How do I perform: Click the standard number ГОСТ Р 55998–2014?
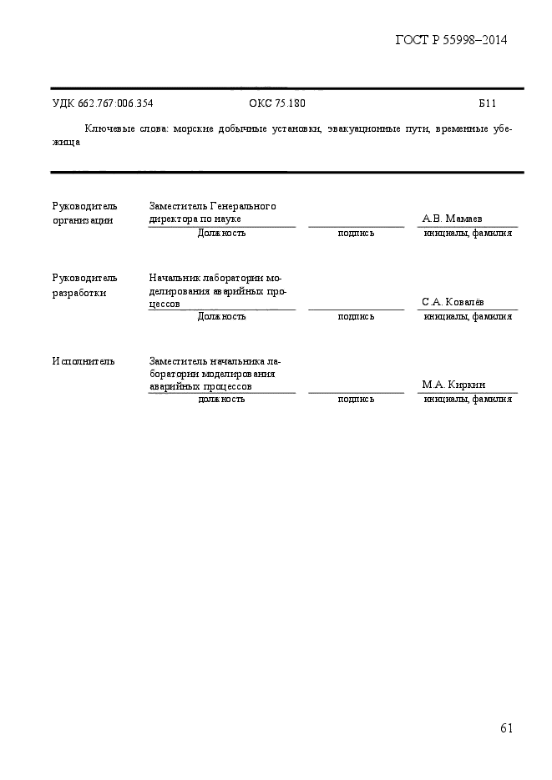click(451, 40)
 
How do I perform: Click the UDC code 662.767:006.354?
click(102, 103)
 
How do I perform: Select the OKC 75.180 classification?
click(277, 103)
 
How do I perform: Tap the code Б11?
click(488, 103)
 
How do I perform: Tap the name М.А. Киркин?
click(454, 385)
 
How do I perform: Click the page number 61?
click(506, 728)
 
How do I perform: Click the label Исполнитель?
click(84, 361)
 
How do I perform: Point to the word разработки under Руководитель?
click(79, 293)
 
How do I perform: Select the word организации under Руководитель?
click(82, 220)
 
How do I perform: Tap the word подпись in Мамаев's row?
click(356, 234)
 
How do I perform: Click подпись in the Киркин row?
click(356, 400)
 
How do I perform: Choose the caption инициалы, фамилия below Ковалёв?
click(468, 317)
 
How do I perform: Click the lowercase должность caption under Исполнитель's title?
click(221, 400)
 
